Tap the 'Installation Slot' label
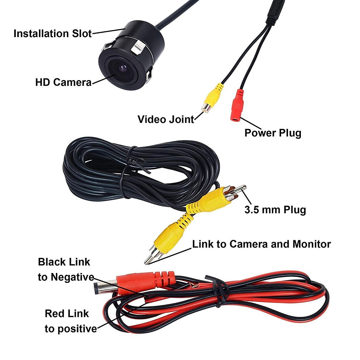(x=52, y=33)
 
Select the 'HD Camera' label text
(x=63, y=82)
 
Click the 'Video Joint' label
(x=166, y=119)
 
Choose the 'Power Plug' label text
(x=273, y=133)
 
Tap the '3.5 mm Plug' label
(x=275, y=210)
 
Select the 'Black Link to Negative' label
(x=65, y=270)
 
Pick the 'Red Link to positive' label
(x=70, y=321)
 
